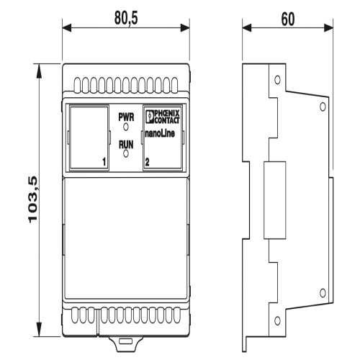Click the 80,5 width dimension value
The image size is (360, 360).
pyautogui.click(x=126, y=18)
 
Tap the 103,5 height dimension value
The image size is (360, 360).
pyautogui.click(x=33, y=199)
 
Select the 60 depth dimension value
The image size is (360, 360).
pyautogui.click(x=288, y=19)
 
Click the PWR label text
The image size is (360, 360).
pyautogui.click(x=126, y=117)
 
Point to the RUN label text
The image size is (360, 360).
pyautogui.click(x=126, y=145)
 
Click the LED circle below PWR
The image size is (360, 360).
pyautogui.click(x=126, y=127)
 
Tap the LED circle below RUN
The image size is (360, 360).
pyautogui.click(x=126, y=153)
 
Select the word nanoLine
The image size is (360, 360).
pyautogui.click(x=160, y=134)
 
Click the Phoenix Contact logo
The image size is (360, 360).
pyautogui.click(x=163, y=117)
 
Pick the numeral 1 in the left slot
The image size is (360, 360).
pyautogui.click(x=104, y=162)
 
